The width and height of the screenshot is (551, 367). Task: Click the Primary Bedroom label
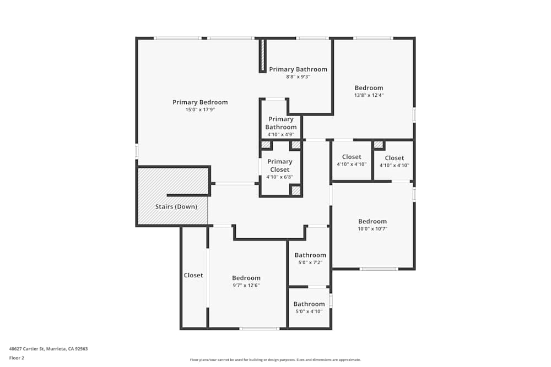200,102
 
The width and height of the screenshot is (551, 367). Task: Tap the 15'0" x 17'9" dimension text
200,110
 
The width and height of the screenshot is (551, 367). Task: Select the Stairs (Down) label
175,207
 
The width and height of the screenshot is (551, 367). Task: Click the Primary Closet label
280,166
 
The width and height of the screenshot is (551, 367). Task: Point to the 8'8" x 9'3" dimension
298,77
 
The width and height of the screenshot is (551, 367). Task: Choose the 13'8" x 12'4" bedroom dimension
369,95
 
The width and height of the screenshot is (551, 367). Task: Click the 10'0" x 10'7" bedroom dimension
372,229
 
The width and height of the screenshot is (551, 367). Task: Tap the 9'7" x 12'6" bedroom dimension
246,285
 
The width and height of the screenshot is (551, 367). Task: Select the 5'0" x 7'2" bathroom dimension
310,262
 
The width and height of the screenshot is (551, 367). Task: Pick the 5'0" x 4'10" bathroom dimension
309,311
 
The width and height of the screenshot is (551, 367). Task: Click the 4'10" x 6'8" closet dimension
280,177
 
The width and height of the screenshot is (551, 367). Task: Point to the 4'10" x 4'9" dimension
281,134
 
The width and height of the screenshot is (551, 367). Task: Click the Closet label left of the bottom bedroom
193,275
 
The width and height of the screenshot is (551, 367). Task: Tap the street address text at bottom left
48,349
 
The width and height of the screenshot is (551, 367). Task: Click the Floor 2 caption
17,358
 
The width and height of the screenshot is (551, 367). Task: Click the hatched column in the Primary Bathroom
263,55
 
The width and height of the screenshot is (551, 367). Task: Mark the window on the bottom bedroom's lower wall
260,328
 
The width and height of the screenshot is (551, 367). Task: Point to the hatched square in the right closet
379,145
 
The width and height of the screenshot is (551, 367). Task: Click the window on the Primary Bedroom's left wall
137,151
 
